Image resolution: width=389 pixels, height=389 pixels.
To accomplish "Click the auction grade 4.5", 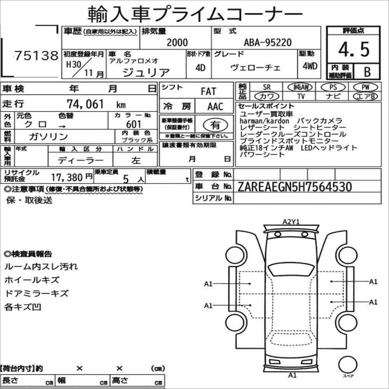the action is pyautogui.click(x=354, y=49).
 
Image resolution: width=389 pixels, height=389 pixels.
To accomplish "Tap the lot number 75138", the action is pyautogui.click(x=36, y=56).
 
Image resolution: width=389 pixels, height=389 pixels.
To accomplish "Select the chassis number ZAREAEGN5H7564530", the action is pyautogui.click(x=295, y=187).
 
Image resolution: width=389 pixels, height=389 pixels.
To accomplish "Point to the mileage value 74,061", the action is pyautogui.click(x=85, y=104).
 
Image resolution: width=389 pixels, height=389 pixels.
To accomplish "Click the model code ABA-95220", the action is pyautogui.click(x=267, y=42).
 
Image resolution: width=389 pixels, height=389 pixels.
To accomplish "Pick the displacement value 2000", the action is pyautogui.click(x=177, y=42).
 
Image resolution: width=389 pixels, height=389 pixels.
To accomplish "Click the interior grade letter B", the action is pyautogui.click(x=367, y=72).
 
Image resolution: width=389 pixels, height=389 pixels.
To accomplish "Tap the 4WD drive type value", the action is pyautogui.click(x=310, y=66).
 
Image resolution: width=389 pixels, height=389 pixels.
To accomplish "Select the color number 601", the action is pyautogui.click(x=134, y=124).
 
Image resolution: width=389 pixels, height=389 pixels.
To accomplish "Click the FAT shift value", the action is pyautogui.click(x=208, y=91).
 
